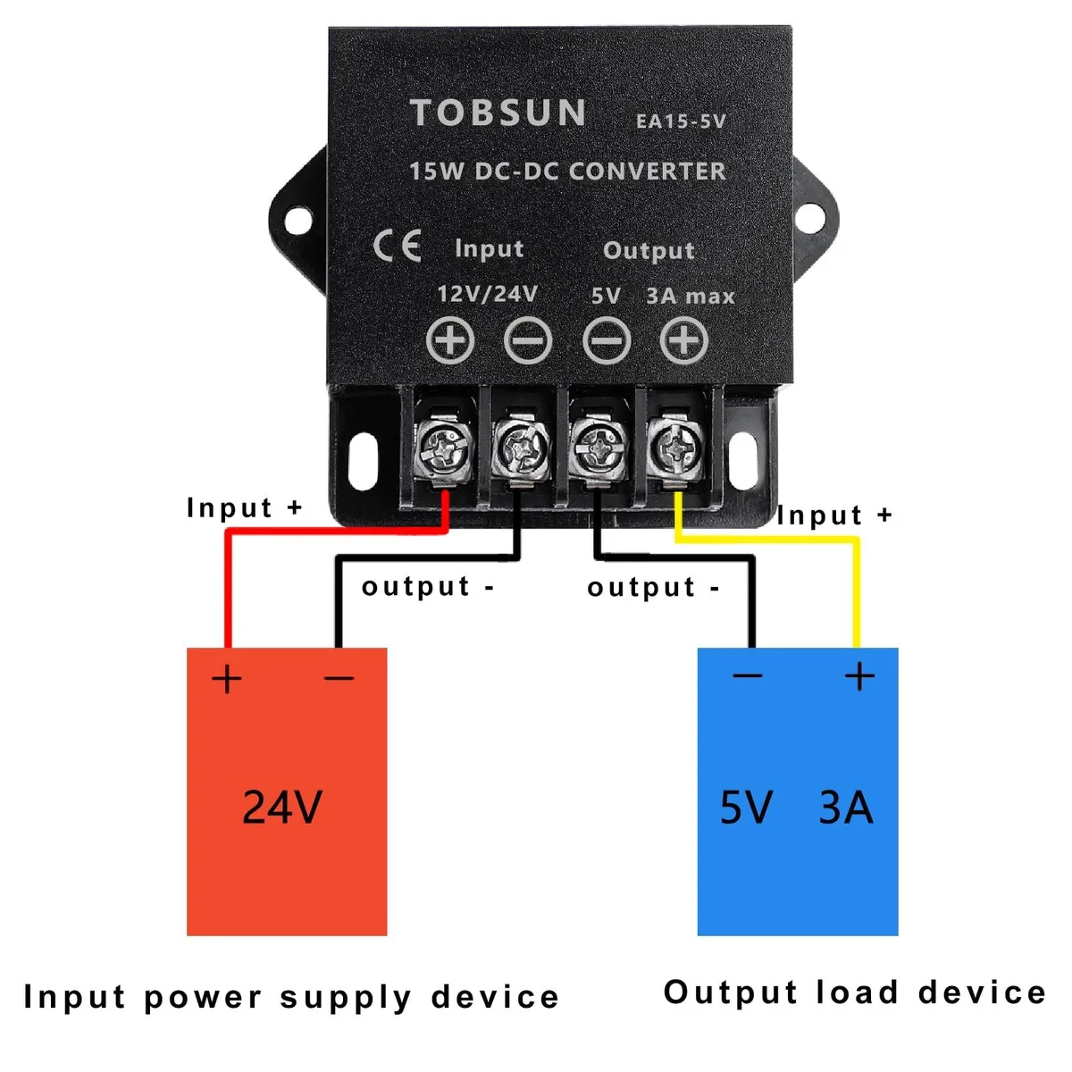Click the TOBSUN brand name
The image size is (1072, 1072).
[498, 113]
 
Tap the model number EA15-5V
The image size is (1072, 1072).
[681, 121]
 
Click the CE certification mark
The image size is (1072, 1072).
[397, 246]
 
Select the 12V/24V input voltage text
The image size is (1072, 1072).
[488, 294]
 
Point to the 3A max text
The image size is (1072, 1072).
[691, 296]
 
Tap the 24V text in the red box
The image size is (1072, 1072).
[282, 807]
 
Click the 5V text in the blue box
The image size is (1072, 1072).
[746, 808]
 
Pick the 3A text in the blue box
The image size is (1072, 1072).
[846, 808]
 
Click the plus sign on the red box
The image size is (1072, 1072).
[226, 679]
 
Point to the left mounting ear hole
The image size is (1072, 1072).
[298, 221]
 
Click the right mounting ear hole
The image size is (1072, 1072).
[810, 219]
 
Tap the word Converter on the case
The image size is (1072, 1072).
[648, 172]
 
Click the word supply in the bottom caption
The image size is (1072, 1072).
[346, 998]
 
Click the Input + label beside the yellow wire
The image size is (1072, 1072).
[834, 515]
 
